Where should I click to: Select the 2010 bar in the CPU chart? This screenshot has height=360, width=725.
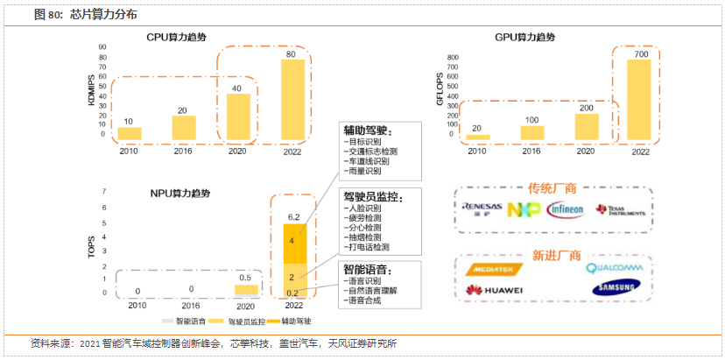pos(130,134)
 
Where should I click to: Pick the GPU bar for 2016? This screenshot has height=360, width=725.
pos(531,132)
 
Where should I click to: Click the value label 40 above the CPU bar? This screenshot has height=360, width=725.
pos(236,88)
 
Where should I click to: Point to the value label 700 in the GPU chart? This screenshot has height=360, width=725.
pos(639,54)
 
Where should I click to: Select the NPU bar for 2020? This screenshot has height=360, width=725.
pos(247,289)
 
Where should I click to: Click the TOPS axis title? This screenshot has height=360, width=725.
pos(91,246)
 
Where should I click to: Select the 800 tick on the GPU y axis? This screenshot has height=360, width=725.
pos(453,58)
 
